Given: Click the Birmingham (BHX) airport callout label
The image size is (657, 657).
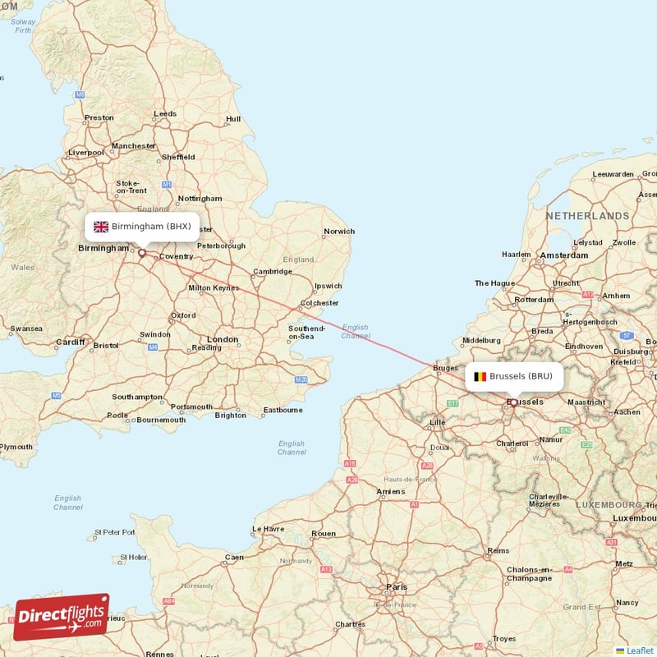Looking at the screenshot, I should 142,227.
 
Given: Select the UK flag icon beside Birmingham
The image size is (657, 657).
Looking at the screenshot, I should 101,227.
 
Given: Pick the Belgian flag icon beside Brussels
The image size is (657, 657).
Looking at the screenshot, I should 480,377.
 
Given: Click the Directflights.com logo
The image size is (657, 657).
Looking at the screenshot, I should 62,617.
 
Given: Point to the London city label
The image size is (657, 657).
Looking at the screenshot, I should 223,339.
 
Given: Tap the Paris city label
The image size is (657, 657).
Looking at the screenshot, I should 397,587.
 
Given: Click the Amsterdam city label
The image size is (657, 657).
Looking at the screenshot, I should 564,255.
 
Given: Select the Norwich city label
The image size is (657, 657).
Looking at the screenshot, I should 339,232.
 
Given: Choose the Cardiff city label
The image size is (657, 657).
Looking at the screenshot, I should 70,342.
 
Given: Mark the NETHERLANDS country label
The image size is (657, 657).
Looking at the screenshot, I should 587,215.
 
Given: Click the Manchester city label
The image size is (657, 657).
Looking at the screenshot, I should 133,146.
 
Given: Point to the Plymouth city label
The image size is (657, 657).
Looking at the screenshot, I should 16,447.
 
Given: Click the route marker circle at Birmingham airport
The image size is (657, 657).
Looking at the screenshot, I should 141,253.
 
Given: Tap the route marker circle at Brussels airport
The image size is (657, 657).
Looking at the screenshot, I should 514,402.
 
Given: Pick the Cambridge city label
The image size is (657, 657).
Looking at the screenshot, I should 273,272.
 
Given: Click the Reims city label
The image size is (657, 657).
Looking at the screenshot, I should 498,551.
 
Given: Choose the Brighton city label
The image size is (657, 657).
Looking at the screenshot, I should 230,415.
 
